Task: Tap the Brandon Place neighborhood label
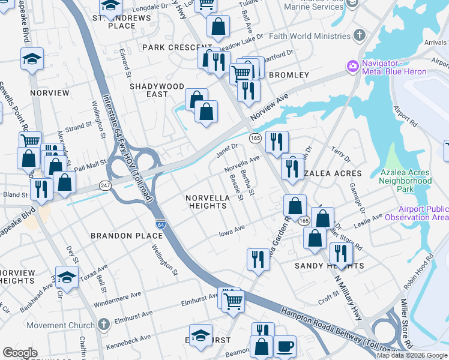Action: click(x=127, y=236)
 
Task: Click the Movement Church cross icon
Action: click(x=104, y=325)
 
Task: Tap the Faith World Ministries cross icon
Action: click(x=360, y=35)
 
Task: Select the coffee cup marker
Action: click(x=285, y=346)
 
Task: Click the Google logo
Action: click(x=20, y=353)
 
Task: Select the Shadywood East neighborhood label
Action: click(x=157, y=91)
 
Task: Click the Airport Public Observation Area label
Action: click(x=423, y=213)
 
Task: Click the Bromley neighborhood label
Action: click(x=289, y=75)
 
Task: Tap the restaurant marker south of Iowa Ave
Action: click(x=258, y=259)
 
